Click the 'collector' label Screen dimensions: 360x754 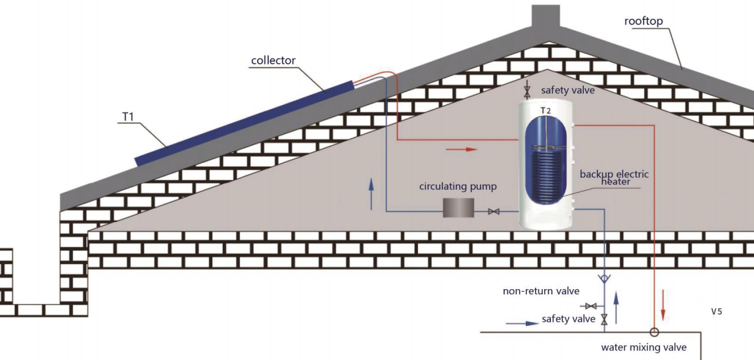273,60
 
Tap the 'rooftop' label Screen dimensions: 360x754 644,21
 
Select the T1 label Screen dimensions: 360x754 129,117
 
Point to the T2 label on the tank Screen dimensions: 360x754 546,110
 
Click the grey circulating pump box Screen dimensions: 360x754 458,208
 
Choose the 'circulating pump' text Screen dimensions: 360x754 458,187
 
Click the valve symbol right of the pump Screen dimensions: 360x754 494,212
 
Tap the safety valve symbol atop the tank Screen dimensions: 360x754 526,90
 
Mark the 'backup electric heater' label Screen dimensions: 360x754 614,177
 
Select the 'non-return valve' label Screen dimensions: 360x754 541,291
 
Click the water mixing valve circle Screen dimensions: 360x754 655,332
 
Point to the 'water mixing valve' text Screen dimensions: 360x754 644,348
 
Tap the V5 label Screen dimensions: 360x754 717,311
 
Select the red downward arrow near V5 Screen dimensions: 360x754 663,308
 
